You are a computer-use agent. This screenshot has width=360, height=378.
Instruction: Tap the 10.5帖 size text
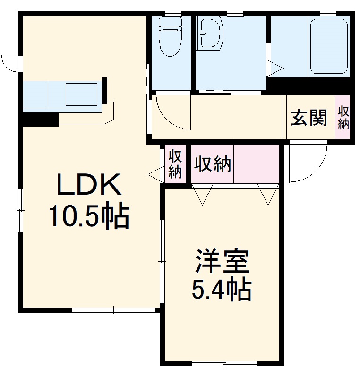click(89, 216)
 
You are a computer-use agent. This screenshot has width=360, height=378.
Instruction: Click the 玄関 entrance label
click(309, 118)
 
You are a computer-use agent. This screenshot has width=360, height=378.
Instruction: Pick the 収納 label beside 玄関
click(343, 118)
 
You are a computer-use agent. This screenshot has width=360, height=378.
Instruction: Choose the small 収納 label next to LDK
click(175, 164)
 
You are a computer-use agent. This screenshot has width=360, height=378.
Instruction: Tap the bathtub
click(329, 46)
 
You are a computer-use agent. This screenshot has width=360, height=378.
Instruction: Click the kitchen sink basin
click(81, 94)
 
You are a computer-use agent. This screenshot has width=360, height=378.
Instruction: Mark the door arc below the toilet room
click(173, 113)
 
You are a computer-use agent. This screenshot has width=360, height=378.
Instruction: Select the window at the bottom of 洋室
click(224, 363)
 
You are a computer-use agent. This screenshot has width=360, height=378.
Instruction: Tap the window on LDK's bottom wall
click(114, 310)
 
